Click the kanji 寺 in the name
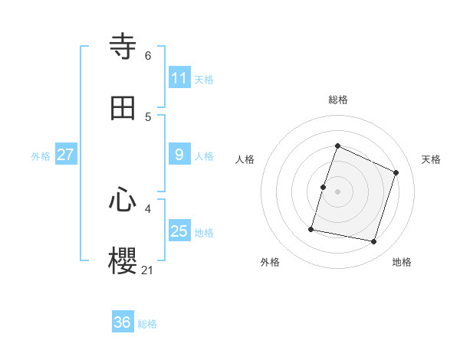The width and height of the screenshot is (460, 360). coord(123,47)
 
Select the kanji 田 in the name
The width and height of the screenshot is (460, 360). coord(123,108)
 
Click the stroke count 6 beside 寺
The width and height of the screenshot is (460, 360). coord(148,55)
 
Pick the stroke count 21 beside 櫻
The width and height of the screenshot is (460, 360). coord(147,270)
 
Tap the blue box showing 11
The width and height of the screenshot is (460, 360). coord(179,78)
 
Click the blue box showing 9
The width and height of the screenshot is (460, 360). coord(179,155)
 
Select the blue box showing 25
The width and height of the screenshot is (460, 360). coord(179,231)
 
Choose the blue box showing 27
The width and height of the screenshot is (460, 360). coord(65,155)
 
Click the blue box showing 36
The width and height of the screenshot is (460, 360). coord(123,322)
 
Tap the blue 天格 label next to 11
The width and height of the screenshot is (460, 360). coord(204,79)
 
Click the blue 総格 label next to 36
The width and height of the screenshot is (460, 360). coord(147,324)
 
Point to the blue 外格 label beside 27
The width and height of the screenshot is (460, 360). coord(41,156)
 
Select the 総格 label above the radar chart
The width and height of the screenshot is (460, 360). coord(338,100)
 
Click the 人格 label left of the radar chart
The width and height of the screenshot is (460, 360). coord(245,159)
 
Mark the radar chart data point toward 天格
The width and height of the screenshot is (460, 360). coord(396,172)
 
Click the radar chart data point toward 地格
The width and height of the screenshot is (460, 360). coord(374,242)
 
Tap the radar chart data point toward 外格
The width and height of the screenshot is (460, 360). coord(312,228)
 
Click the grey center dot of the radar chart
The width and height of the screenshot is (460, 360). coord(338,191)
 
